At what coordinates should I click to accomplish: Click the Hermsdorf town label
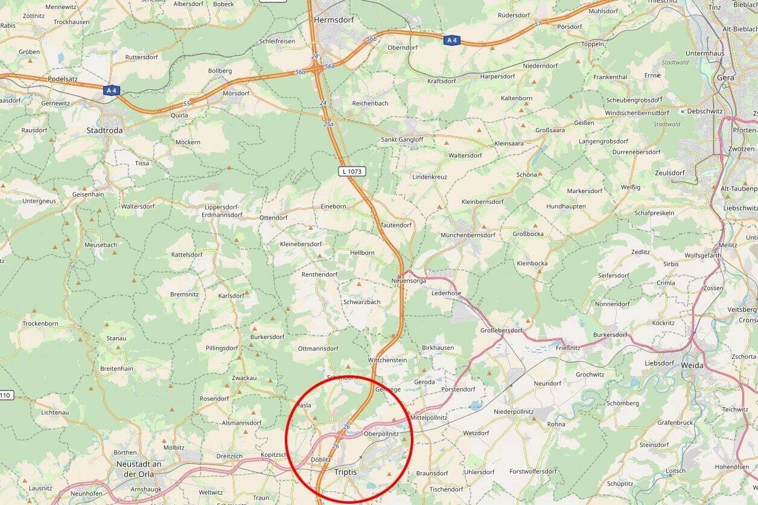pos(334,19)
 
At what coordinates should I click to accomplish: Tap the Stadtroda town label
pos(104,130)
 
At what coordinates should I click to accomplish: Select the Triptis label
pos(346,472)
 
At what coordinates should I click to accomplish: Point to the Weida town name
pos(692,365)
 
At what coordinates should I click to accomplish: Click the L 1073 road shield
pos(352,171)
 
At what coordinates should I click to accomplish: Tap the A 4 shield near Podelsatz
pos(111,91)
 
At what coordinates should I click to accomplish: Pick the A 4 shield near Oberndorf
pos(451,40)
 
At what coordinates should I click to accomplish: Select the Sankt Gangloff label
pos(402,139)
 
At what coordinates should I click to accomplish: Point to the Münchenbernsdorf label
pos(468,235)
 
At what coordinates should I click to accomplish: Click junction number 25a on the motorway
pos(328,124)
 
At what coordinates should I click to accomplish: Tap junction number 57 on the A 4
pos(538,24)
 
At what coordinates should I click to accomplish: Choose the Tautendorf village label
pos(396,225)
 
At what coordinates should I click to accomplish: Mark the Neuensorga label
pos(409,281)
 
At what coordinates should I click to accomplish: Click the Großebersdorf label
pos(501,330)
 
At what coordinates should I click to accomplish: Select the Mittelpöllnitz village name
pos(428,418)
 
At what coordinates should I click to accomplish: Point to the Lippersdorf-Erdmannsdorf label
pos(222,211)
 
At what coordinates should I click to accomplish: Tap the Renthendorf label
pos(319,275)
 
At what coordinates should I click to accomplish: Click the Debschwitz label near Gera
pos(704,111)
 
